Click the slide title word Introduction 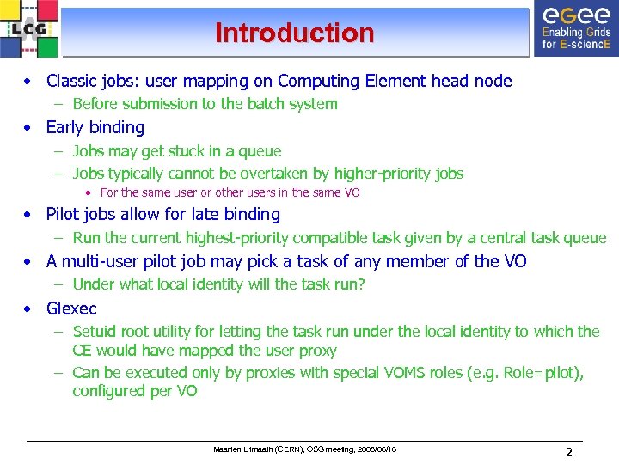[295, 34]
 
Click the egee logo [574, 28]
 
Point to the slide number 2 [569, 452]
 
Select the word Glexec [71, 308]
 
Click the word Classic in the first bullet [71, 82]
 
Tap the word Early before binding [64, 128]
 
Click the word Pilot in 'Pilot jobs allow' [64, 215]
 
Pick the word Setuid [96, 332]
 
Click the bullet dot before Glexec [29, 308]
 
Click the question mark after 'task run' [361, 284]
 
